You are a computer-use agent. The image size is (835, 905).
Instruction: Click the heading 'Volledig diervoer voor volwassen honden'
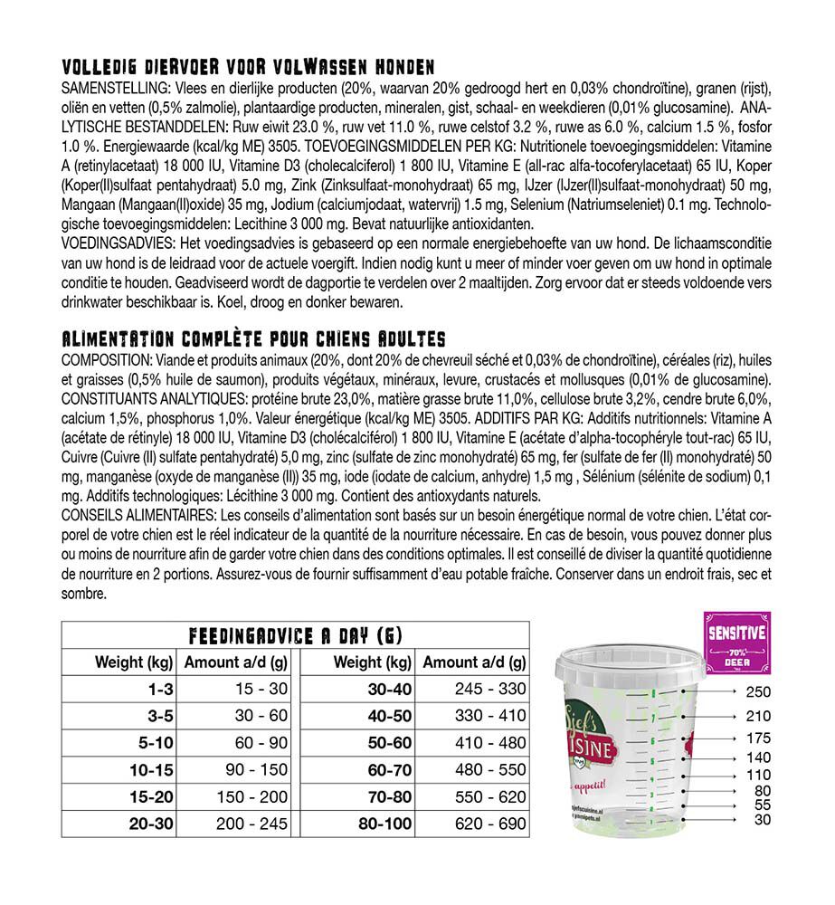pos(248,67)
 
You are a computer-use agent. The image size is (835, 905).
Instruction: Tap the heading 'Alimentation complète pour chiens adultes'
pos(252,338)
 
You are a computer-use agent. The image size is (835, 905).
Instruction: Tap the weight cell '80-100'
pos(385,824)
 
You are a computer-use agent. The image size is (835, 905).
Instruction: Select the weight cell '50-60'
pos(389,743)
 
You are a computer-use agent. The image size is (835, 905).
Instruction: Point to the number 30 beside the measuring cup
pos(762,820)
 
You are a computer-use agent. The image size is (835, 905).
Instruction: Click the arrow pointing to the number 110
pos(715,775)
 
